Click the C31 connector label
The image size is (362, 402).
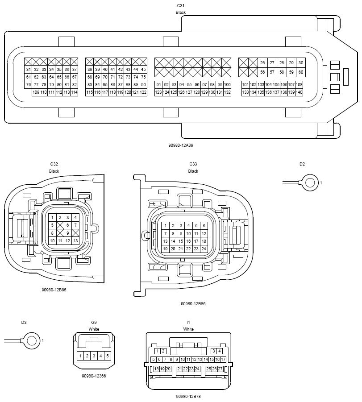(x=181, y=5)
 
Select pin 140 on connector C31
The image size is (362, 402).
(x=299, y=92)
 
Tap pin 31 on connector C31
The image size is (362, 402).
(x=29, y=70)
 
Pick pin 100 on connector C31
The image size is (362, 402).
(x=227, y=85)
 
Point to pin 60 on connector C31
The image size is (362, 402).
(x=301, y=72)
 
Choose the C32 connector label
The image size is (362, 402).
(x=54, y=164)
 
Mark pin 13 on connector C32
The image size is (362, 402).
(x=75, y=241)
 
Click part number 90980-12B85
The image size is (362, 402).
(x=54, y=290)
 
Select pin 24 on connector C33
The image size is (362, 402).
(x=204, y=249)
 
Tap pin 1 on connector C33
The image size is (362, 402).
(x=165, y=226)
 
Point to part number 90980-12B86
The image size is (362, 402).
(x=193, y=303)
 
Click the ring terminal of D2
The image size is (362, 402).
(x=309, y=182)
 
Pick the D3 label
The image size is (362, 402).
(x=24, y=322)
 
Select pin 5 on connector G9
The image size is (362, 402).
(x=108, y=356)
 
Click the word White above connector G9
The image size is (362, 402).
(x=94, y=329)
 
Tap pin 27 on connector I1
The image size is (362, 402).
(x=220, y=369)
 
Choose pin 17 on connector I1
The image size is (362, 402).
(x=223, y=360)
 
